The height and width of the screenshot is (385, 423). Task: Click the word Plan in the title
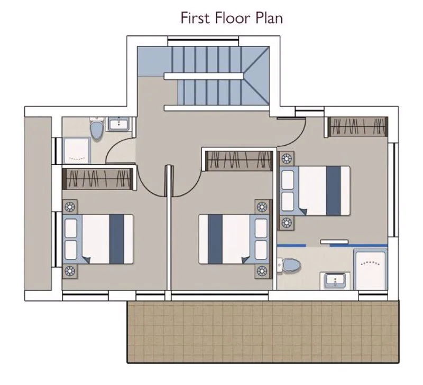[269, 18]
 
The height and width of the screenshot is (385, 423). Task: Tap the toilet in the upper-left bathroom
[97, 130]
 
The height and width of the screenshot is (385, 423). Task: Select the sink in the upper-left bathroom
[118, 124]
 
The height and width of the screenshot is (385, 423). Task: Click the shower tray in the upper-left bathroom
[76, 151]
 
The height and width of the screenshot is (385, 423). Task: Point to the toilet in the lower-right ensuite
[289, 265]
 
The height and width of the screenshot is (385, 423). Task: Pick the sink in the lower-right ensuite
[335, 280]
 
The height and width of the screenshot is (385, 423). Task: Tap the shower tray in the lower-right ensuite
[371, 269]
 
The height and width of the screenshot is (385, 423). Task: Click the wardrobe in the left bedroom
[98, 179]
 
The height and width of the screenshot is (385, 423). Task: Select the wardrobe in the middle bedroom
[239, 161]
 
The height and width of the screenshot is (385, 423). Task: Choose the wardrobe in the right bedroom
[358, 127]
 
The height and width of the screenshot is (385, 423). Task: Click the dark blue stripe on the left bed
[117, 239]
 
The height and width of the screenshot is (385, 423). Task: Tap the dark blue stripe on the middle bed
[215, 239]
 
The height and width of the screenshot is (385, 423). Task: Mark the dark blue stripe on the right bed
[334, 191]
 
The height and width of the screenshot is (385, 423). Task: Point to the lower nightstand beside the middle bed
[262, 271]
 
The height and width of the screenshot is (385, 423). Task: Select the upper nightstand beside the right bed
[287, 158]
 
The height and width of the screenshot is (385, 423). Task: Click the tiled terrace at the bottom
[263, 332]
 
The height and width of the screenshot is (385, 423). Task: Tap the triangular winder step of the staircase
[256, 76]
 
